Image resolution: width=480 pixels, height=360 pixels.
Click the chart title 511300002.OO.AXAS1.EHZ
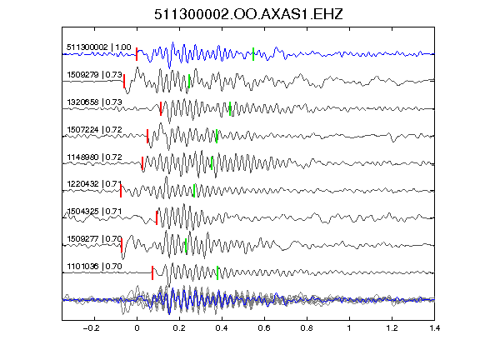248,14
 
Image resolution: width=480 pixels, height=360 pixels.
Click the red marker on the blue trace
137,54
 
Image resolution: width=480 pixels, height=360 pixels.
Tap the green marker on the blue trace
253,54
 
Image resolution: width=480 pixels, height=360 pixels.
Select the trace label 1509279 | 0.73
94,75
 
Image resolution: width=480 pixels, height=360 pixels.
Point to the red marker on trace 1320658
161,108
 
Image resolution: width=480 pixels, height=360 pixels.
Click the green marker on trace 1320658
230,108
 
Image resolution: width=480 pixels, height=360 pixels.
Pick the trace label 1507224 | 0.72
94,129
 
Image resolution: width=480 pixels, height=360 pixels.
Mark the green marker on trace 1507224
217,136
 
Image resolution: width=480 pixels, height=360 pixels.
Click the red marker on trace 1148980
142,162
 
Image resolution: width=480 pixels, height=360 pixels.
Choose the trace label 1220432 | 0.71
94,184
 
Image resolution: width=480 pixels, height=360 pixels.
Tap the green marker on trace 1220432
194,190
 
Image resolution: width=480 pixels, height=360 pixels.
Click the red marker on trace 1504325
157,217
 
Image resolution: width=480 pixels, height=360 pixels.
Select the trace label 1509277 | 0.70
94,239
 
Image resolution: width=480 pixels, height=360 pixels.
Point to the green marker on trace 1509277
186,245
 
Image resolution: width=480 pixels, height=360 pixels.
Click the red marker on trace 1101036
152,272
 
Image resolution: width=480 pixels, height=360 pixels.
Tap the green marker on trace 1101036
217,272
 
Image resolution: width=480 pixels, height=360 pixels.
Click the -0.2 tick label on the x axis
91,328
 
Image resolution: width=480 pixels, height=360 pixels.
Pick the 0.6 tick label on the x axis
264,328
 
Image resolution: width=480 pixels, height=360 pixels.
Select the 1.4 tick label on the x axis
434,328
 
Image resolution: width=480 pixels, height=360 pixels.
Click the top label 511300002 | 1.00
99,47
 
